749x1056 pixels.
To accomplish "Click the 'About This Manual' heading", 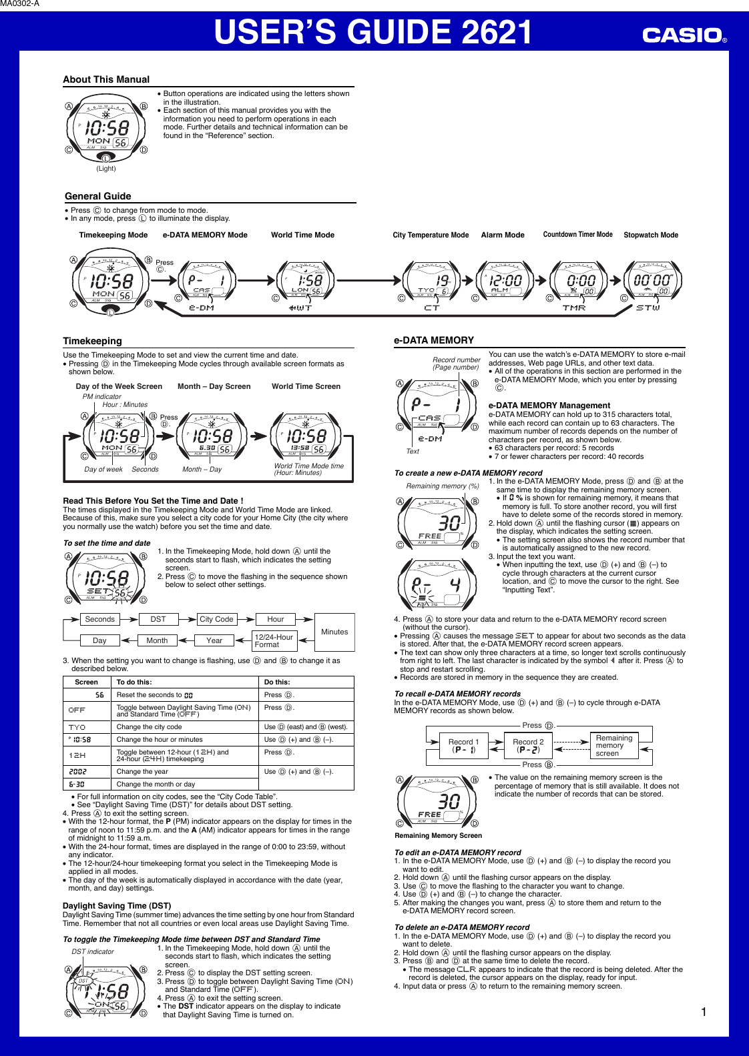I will [x=106, y=79].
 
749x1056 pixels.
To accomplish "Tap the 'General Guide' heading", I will [x=98, y=196].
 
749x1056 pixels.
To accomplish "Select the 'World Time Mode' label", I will [x=302, y=235].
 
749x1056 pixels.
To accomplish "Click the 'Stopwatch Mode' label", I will [x=650, y=235].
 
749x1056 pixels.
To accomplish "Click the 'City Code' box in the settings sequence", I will [x=217, y=619].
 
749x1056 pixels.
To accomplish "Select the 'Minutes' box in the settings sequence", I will [x=334, y=632].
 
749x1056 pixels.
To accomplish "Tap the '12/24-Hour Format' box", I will [x=274, y=640].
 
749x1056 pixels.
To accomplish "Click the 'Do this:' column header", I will [x=277, y=682].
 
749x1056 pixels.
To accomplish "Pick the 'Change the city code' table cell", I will [x=149, y=727].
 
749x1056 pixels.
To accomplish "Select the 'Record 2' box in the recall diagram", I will [x=528, y=746].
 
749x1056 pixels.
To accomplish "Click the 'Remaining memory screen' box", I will [x=613, y=746].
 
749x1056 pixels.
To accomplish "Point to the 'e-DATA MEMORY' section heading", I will [x=434, y=340].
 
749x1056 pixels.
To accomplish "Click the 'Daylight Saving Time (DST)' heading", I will [x=117, y=906].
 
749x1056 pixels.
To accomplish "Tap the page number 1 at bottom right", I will [x=704, y=1012].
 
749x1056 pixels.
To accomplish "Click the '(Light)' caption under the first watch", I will [x=106, y=169].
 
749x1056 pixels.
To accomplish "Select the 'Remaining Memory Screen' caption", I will [x=438, y=835].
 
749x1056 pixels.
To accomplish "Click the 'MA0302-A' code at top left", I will [x=20, y=4].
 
